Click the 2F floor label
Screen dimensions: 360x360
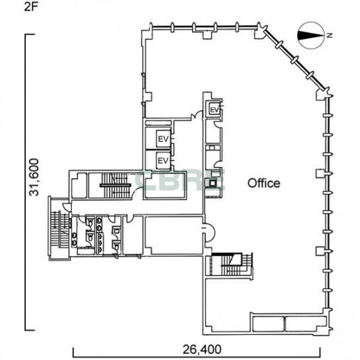(x=30, y=7)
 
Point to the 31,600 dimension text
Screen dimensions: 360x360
(x=34, y=177)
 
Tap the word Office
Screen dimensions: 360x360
(x=264, y=183)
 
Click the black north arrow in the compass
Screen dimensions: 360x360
(x=310, y=35)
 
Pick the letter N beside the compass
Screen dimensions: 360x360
(x=330, y=35)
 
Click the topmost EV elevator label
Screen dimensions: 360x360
(x=215, y=110)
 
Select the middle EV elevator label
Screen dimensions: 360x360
(x=163, y=139)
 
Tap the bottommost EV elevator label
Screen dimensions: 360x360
(x=163, y=161)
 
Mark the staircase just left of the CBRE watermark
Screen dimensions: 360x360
(x=114, y=185)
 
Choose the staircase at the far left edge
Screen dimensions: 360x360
(x=60, y=229)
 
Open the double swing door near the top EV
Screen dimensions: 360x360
(x=197, y=114)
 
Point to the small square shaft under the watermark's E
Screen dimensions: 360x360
(x=213, y=183)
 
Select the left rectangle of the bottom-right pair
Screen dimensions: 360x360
(x=269, y=324)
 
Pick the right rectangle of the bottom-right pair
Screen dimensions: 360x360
(x=306, y=324)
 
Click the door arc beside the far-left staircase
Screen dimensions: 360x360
(x=67, y=206)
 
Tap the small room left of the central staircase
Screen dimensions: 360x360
(x=79, y=185)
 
